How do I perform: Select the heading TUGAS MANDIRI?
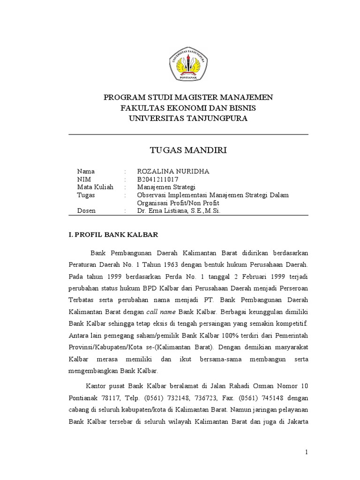click(x=188, y=150)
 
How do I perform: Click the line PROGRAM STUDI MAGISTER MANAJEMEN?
click(x=188, y=97)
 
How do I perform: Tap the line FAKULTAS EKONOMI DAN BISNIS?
click(x=188, y=108)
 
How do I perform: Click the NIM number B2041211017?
click(x=157, y=180)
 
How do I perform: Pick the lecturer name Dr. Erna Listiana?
click(x=178, y=211)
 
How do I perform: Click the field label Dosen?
click(x=86, y=211)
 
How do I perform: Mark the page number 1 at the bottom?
click(x=307, y=452)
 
